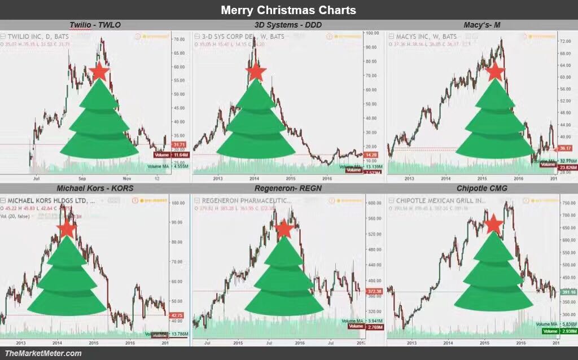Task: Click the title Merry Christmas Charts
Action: (288, 10)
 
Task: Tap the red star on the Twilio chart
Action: (99, 72)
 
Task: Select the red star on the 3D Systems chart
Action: (256, 72)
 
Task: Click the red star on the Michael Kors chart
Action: (67, 228)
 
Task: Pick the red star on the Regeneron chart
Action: (284, 229)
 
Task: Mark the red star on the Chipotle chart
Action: (494, 224)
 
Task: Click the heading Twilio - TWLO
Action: (95, 25)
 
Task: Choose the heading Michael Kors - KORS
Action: (95, 188)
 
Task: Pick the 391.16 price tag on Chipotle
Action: (569, 292)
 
